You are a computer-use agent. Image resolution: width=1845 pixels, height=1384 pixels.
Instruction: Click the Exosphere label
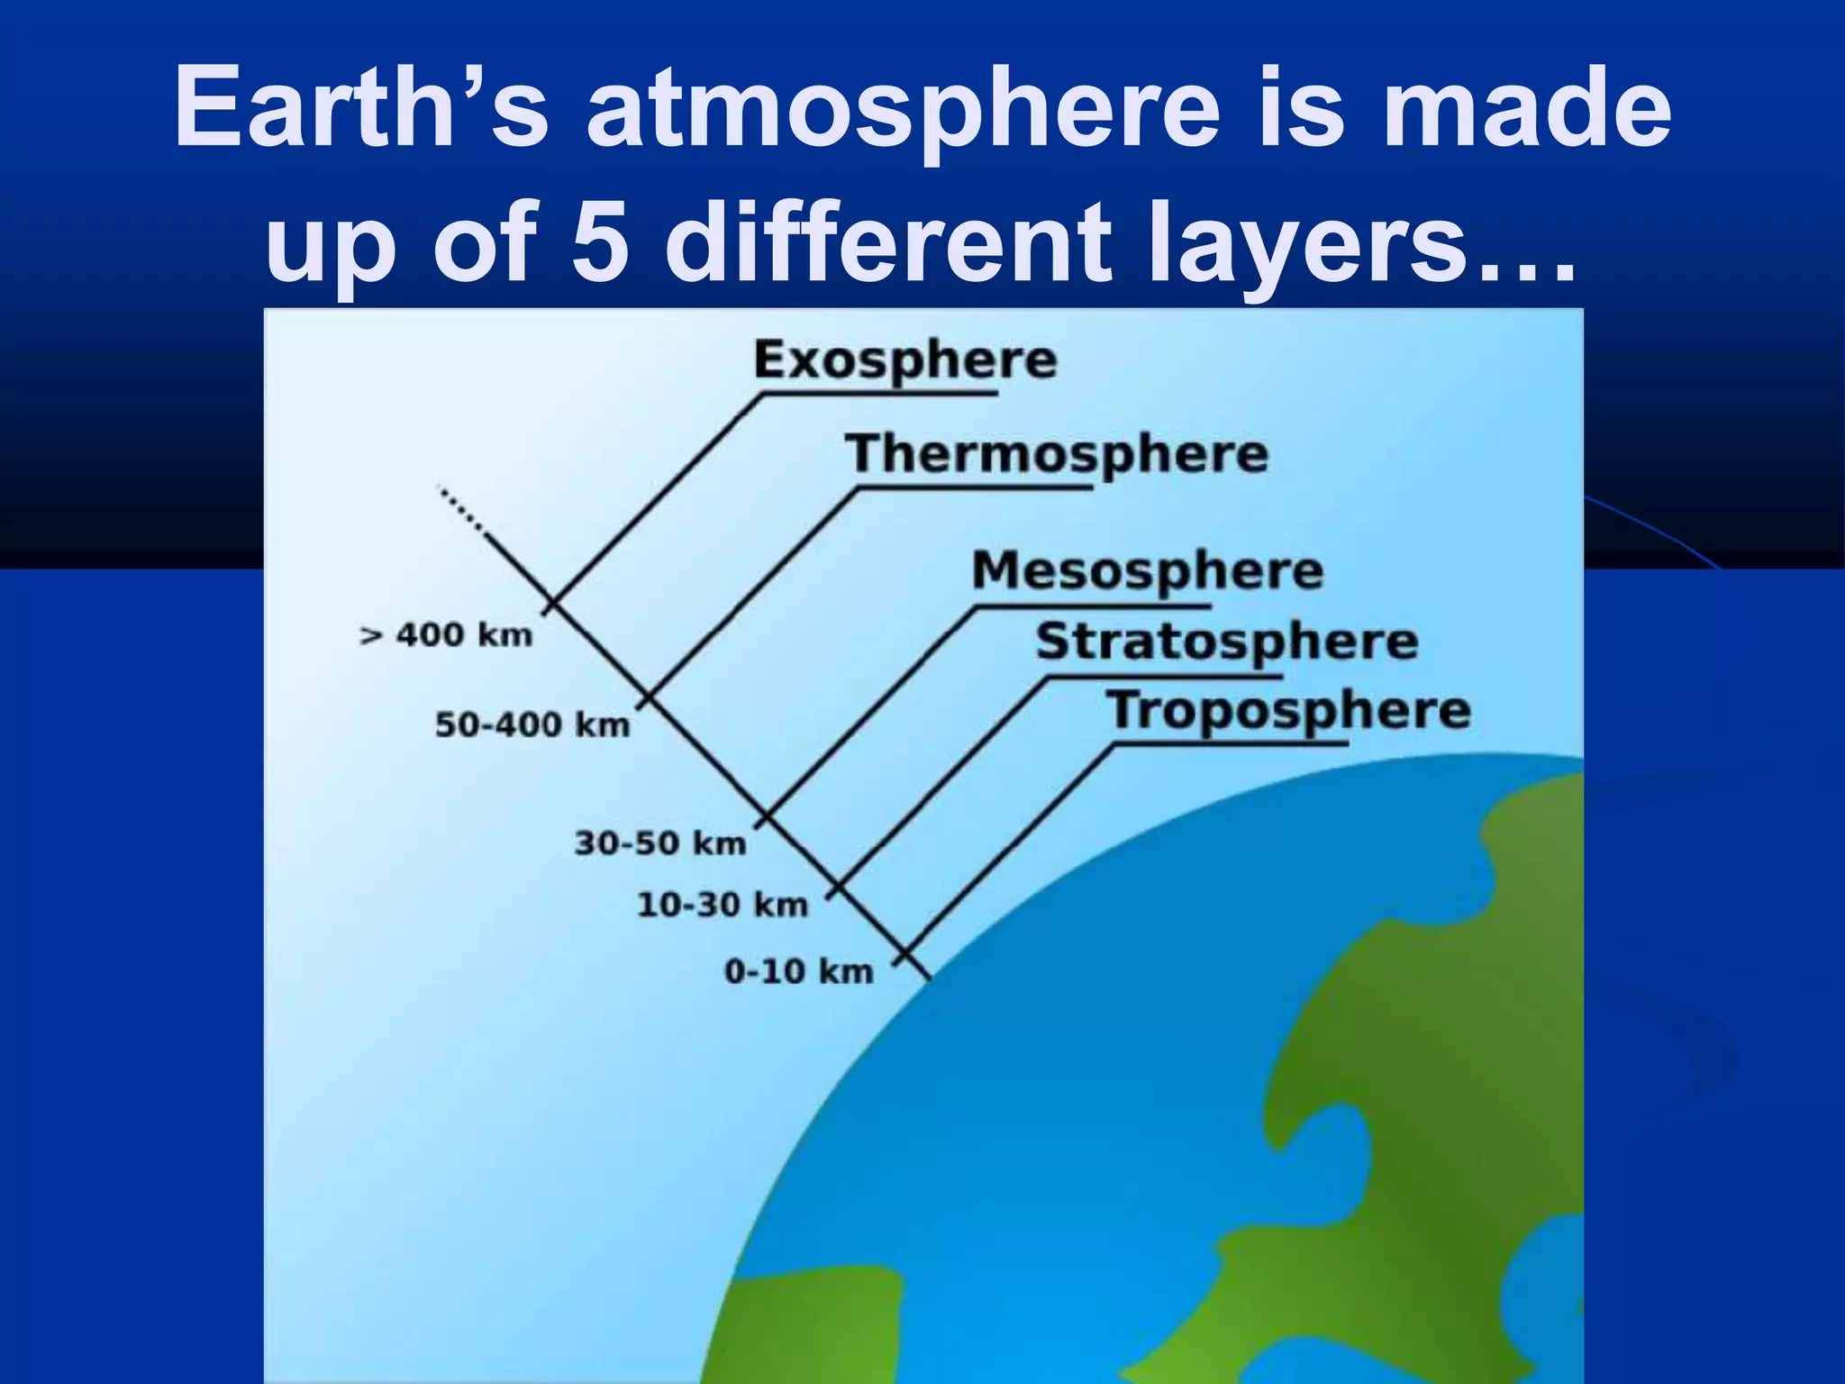pos(905,360)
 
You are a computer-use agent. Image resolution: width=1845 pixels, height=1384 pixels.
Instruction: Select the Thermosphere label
pos(1057,454)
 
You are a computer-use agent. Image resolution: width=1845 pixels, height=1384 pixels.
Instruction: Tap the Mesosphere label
pos(1148,571)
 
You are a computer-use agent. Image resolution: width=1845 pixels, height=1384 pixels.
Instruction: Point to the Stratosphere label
pos(1227,642)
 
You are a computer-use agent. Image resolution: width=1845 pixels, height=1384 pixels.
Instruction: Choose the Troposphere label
pos(1289,711)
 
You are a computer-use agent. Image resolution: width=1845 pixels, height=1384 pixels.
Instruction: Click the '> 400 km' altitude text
pos(446,634)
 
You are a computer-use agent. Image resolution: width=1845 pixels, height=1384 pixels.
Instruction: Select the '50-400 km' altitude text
pos(532,724)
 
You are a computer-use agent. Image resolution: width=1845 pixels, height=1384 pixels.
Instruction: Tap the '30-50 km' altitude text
pos(661,843)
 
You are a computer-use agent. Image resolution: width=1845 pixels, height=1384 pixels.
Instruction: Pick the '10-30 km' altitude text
pos(723,905)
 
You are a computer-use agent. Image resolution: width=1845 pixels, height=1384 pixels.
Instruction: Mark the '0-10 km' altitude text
pos(799,971)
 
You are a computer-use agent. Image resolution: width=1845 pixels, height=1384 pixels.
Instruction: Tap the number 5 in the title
pos(600,241)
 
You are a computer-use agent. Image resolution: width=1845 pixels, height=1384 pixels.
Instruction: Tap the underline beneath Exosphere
pos(878,394)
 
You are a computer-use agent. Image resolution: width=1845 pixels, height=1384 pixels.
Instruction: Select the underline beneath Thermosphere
pos(973,487)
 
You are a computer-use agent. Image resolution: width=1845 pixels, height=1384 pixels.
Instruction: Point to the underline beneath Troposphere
pos(1230,744)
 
